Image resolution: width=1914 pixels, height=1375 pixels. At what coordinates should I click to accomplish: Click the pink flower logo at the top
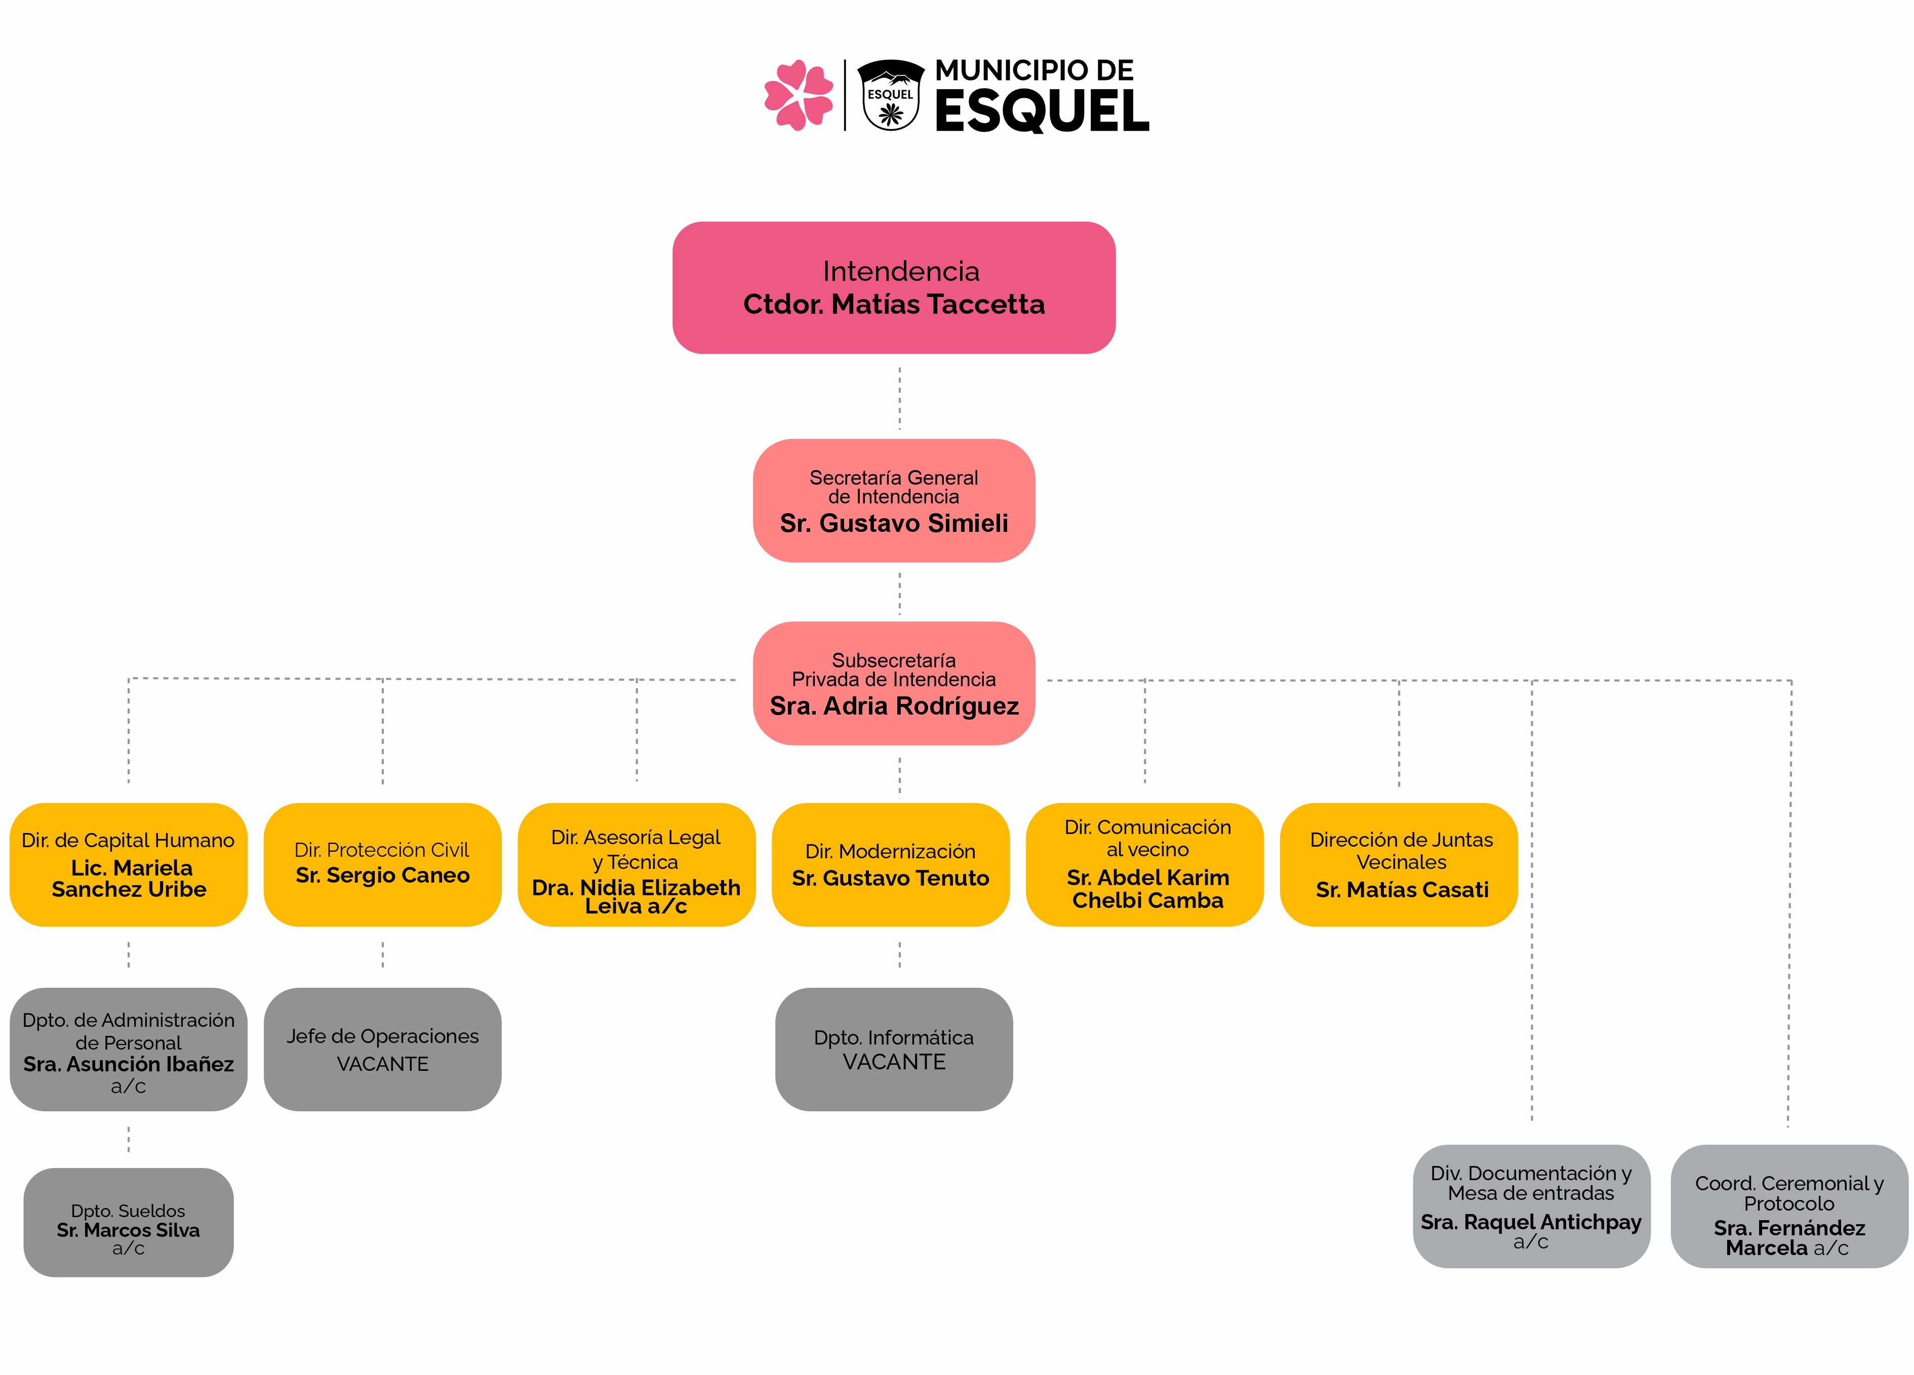(x=797, y=95)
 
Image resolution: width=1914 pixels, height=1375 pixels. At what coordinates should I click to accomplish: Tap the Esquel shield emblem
(x=890, y=95)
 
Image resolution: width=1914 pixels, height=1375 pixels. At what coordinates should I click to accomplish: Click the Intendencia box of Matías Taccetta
(x=894, y=287)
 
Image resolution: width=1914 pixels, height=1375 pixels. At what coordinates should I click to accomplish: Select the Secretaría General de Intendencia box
(x=894, y=500)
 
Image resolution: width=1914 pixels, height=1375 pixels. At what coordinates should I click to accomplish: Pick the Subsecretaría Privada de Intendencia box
(x=894, y=683)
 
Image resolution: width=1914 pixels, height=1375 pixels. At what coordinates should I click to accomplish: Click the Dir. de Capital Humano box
(x=128, y=865)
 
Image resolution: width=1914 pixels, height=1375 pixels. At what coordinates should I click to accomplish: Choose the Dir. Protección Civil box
(x=382, y=865)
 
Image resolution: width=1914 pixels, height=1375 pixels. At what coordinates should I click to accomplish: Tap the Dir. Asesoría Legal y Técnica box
(x=636, y=865)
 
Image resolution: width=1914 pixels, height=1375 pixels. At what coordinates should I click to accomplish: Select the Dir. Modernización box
(x=890, y=865)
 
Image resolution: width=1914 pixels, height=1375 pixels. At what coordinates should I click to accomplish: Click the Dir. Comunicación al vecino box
(x=1144, y=865)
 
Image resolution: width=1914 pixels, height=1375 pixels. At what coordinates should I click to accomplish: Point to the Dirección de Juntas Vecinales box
(x=1399, y=865)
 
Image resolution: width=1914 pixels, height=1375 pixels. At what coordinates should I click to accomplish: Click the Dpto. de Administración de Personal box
(x=128, y=1050)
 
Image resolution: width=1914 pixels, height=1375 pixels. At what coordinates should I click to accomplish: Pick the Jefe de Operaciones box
(x=382, y=1050)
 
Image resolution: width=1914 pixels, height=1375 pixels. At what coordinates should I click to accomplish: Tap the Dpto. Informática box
(x=894, y=1050)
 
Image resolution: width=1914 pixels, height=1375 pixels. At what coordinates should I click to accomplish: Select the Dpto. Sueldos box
(x=128, y=1222)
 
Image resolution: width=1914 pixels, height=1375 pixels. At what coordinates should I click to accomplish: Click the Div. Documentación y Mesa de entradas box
(x=1532, y=1206)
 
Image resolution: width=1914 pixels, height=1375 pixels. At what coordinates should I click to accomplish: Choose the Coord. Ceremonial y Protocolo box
(x=1789, y=1206)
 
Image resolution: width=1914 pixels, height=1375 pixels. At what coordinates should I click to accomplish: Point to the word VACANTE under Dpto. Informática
(x=894, y=1062)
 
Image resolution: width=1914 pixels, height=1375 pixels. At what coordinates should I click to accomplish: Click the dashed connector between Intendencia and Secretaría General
(x=900, y=398)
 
